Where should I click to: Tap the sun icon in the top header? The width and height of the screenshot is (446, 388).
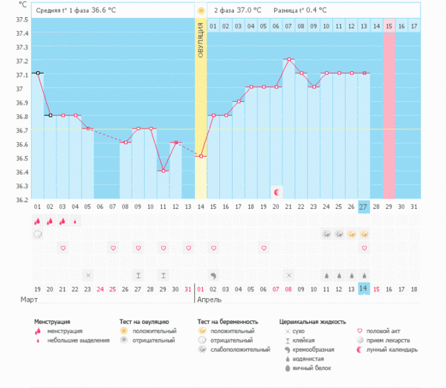coord(201,10)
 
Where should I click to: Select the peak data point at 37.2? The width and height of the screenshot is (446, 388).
coord(288,59)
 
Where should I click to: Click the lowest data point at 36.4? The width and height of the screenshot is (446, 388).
coord(163,171)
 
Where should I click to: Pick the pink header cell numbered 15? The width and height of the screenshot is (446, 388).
coord(389,26)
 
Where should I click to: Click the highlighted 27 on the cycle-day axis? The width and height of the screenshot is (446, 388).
coord(363,206)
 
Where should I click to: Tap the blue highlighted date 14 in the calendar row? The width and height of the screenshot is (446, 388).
coord(363,288)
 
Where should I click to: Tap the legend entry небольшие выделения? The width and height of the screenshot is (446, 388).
coord(72,340)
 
